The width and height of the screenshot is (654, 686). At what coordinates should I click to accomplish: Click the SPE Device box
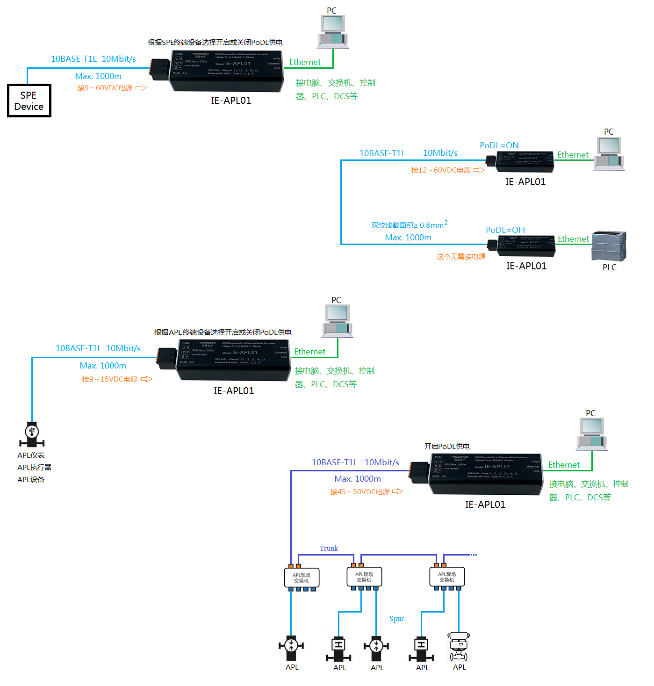click(29, 101)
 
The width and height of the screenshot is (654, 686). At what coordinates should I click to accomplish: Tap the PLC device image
click(609, 246)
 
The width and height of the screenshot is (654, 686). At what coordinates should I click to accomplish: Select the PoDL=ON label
click(499, 145)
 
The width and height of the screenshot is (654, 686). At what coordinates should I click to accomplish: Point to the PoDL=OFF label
click(506, 230)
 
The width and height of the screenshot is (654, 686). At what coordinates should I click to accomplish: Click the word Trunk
click(329, 549)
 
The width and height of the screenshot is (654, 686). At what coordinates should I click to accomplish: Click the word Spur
click(396, 619)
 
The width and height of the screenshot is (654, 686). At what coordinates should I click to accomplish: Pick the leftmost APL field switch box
click(302, 578)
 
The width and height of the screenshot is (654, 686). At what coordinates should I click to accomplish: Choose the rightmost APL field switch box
click(447, 577)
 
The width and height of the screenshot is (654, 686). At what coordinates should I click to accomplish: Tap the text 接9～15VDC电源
click(110, 379)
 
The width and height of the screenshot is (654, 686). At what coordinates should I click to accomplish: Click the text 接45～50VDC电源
click(360, 492)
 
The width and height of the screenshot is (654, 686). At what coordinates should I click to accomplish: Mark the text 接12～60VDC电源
click(441, 170)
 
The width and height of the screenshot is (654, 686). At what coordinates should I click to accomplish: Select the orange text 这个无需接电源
click(461, 257)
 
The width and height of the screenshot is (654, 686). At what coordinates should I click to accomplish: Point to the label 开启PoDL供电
click(447, 447)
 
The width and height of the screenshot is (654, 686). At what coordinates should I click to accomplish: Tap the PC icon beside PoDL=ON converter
click(609, 154)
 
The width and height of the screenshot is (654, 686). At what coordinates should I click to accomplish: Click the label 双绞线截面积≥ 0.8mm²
click(409, 225)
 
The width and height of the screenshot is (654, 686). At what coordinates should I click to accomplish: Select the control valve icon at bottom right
click(459, 646)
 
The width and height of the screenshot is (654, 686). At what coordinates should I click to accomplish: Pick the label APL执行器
click(34, 468)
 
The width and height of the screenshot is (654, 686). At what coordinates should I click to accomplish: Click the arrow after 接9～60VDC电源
click(141, 88)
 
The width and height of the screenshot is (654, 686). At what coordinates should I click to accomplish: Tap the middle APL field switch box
click(364, 577)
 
